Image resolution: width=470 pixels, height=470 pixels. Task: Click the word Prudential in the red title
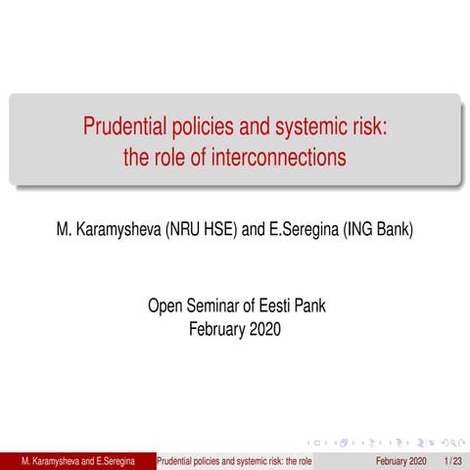tap(127, 127)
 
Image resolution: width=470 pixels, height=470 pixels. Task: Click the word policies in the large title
tap(210, 127)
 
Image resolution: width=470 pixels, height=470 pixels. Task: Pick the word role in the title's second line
tap(171, 157)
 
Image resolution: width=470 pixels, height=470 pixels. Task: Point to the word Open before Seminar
tap(164, 306)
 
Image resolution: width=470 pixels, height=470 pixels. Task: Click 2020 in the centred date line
tap(263, 329)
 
